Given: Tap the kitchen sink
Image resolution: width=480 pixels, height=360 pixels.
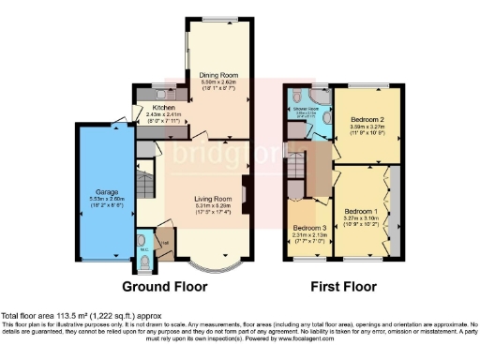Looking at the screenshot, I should pos(151,95).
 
